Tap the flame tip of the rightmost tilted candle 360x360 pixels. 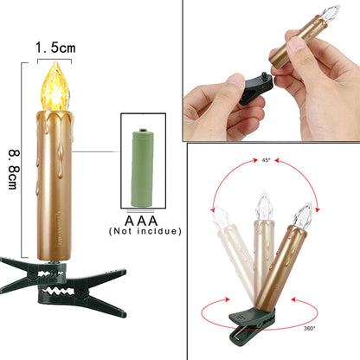tap(302, 213)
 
